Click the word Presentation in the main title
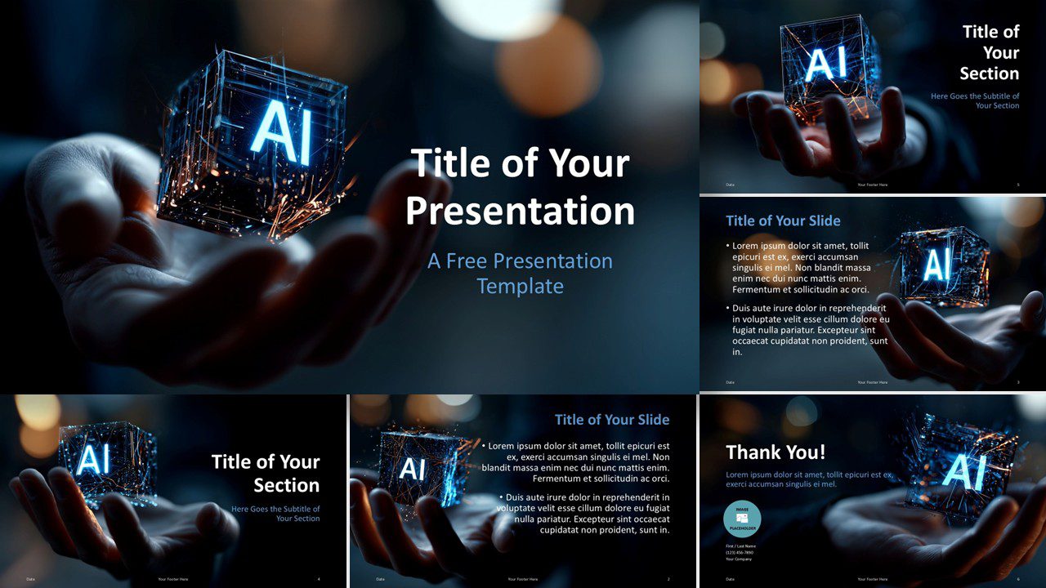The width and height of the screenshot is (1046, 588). click(520, 211)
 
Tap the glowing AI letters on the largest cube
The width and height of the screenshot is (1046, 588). click(282, 135)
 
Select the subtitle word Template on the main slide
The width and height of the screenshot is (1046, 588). click(520, 287)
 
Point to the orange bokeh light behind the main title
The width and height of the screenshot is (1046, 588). click(548, 65)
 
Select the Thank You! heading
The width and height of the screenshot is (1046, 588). click(776, 452)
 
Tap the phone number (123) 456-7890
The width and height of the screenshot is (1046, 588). click(740, 552)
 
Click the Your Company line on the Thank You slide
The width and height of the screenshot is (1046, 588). click(738, 559)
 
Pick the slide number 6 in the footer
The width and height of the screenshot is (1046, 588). click(1017, 579)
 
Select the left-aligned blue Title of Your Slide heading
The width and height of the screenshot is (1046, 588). click(783, 220)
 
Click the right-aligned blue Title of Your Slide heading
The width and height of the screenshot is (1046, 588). click(611, 420)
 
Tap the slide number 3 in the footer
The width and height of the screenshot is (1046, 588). click(1017, 382)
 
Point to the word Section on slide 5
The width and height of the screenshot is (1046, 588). click(989, 73)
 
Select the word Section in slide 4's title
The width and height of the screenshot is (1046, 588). click(286, 485)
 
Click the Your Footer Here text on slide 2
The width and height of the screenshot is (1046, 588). click(522, 579)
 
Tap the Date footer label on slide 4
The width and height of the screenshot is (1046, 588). click(30, 579)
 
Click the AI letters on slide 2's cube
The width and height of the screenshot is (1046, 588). click(413, 470)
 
